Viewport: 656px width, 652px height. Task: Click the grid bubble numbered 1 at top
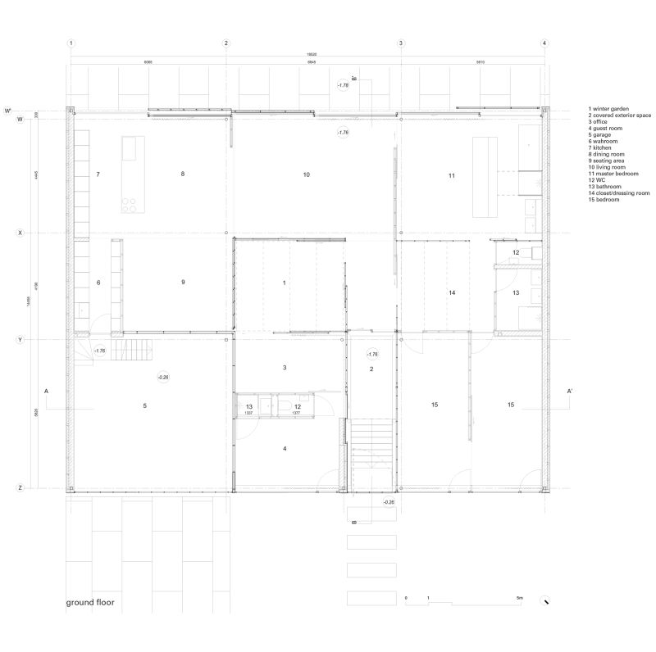pos(71,43)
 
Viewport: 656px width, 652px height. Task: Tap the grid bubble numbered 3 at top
pos(401,43)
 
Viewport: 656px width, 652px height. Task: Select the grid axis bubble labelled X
pos(19,233)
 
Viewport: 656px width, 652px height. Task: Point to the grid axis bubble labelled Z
pos(19,488)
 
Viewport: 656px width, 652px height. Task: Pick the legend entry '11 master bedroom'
pos(616,174)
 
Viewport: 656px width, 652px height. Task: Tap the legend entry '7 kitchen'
pos(604,147)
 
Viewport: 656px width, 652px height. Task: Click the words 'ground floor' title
pos(90,603)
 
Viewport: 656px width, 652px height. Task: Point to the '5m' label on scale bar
pos(518,599)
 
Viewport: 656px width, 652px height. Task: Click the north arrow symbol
pos(544,600)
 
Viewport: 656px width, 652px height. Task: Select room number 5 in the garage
pos(144,405)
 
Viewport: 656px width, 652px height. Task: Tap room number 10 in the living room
pos(306,174)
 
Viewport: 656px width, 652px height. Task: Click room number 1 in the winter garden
pos(284,283)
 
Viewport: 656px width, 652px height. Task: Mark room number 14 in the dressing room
pos(451,292)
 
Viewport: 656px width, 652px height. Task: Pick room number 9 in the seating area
pos(183,283)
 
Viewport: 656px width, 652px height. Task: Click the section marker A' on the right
pos(568,392)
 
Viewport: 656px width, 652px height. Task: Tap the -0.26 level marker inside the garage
pos(163,377)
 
